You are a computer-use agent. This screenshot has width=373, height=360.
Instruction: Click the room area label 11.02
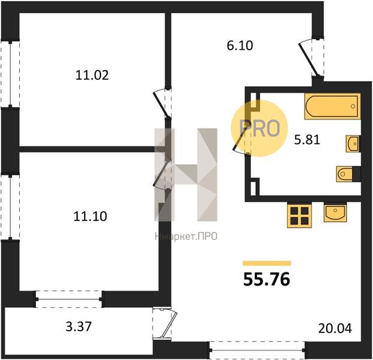(92, 75)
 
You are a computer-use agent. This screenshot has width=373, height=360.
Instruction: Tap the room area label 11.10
(90, 217)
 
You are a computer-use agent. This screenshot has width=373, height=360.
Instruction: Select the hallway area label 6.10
(240, 46)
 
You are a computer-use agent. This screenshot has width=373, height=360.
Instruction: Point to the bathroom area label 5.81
(307, 140)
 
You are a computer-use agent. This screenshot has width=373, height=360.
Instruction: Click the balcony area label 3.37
(79, 326)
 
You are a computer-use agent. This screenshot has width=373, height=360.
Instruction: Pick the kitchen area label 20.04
(335, 329)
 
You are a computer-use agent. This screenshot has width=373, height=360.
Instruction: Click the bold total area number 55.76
(267, 279)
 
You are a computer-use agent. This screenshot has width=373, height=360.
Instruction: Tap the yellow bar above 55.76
(267, 263)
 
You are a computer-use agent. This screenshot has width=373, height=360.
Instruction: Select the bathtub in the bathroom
(332, 106)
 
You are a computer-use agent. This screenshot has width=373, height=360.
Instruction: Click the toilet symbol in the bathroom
(348, 174)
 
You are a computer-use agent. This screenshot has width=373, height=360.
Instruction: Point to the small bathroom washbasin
(353, 144)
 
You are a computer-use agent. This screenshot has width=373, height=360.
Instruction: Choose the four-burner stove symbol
(299, 216)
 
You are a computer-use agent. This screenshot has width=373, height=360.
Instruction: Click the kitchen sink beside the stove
(335, 212)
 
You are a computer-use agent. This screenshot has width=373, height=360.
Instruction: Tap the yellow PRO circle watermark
(259, 128)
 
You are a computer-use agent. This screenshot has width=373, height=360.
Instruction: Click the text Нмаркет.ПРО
(186, 236)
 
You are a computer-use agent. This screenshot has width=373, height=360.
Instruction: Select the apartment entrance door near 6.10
(311, 57)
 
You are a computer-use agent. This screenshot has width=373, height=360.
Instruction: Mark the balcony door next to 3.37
(165, 323)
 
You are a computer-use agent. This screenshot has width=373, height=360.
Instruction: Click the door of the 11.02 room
(162, 103)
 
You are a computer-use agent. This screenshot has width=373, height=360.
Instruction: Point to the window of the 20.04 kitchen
(257, 350)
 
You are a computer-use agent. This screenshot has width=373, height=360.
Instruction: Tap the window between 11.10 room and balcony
(69, 299)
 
